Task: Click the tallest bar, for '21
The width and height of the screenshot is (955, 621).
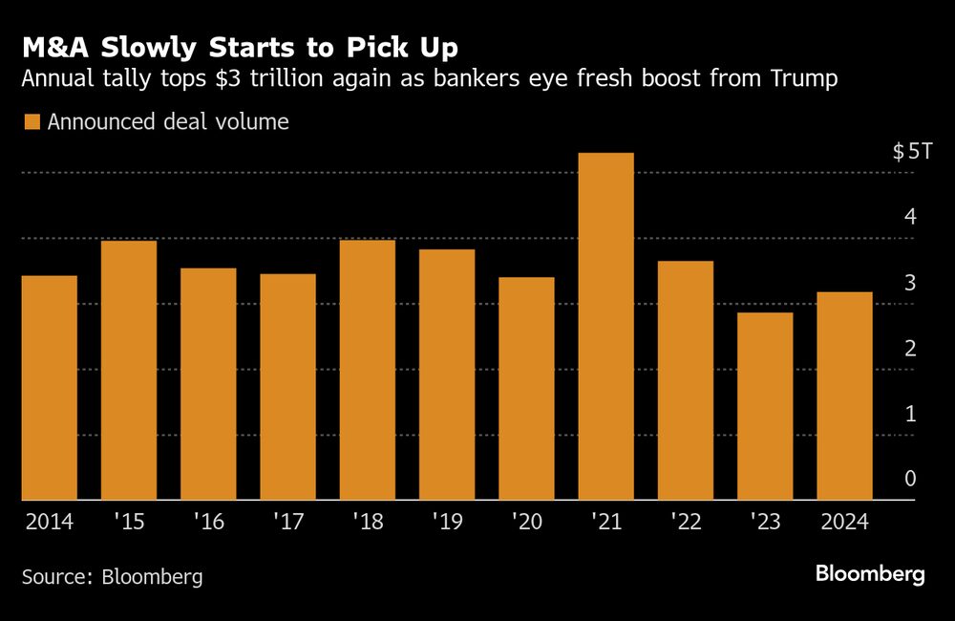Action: tap(605, 326)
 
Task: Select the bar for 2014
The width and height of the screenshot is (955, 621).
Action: tap(49, 387)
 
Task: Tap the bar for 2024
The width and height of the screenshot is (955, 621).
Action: tap(844, 396)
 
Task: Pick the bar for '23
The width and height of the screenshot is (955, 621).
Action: tap(765, 406)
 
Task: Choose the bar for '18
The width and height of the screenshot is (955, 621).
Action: tap(367, 370)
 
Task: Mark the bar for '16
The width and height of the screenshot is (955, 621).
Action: tap(208, 384)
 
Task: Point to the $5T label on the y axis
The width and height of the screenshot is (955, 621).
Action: tap(904, 152)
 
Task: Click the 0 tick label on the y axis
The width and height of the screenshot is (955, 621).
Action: tap(910, 479)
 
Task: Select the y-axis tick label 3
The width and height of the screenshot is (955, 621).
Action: tap(910, 283)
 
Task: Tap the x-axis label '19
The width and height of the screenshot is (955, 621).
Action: tap(447, 523)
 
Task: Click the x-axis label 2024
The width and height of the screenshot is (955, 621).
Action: tap(844, 523)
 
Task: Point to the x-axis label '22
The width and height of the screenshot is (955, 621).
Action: tap(686, 523)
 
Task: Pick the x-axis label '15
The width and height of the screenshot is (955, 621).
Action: tap(129, 523)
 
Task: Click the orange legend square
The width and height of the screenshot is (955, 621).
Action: tap(32, 122)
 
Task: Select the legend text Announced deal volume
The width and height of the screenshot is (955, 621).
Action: tap(167, 122)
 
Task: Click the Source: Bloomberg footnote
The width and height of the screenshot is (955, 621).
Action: tap(113, 577)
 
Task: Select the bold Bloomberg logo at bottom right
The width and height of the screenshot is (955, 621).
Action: tap(870, 574)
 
